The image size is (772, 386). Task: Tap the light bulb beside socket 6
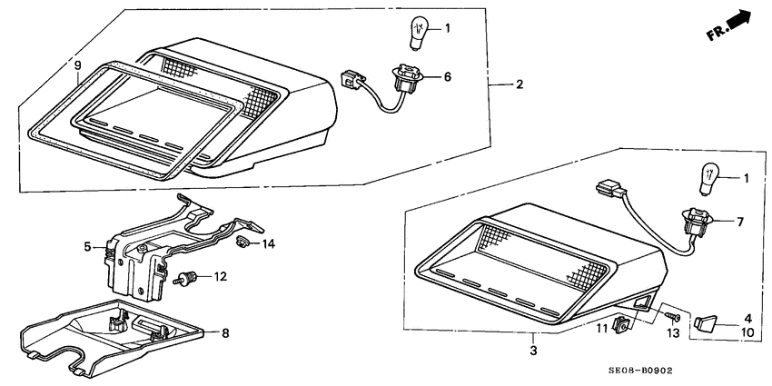[419, 33]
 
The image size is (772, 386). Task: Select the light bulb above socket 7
[709, 180]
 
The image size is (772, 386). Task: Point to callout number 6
[447, 76]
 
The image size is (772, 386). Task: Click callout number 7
[740, 222]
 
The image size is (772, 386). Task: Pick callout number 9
[77, 65]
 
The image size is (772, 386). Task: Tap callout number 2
[520, 84]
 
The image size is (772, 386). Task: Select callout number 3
[534, 351]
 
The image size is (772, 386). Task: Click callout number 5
[87, 247]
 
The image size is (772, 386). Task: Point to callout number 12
[220, 277]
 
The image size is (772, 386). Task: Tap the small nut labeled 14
[242, 242]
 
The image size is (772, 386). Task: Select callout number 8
[225, 333]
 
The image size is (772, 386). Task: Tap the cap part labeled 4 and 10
[704, 323]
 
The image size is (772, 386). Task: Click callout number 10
[747, 332]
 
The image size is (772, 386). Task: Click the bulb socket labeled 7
[698, 223]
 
